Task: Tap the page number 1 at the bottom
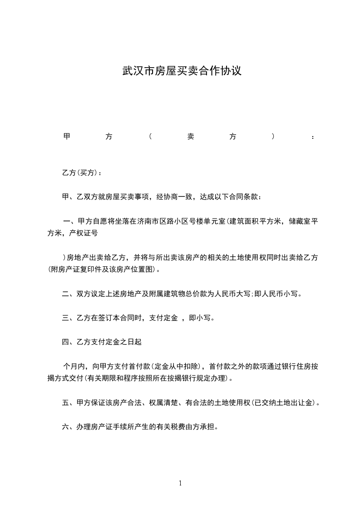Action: (180, 483)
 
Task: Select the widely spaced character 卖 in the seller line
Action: (191, 137)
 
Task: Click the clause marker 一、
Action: (70, 221)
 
